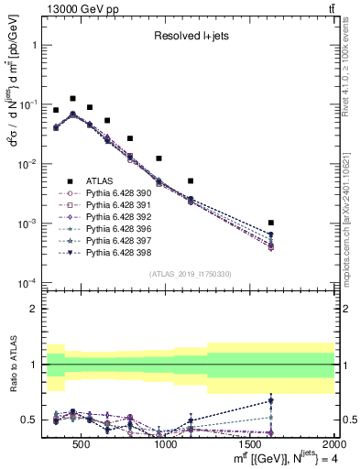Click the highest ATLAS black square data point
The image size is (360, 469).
click(x=72, y=98)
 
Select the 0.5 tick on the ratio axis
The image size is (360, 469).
click(x=29, y=420)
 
